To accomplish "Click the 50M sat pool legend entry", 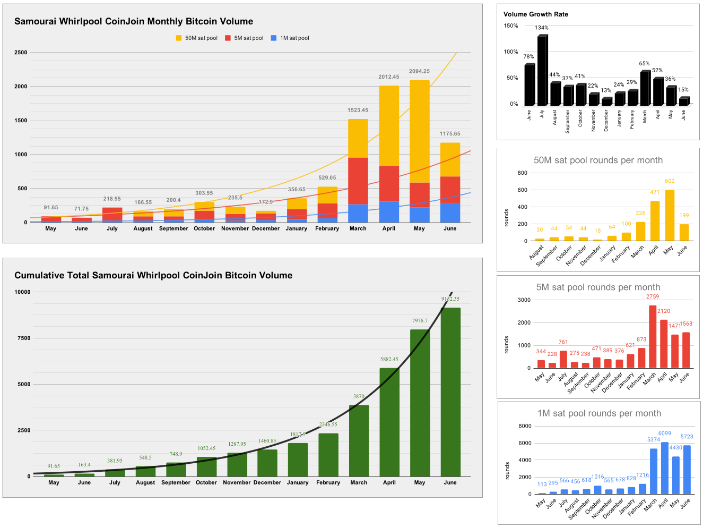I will (197, 38).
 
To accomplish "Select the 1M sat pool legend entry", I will (290, 38).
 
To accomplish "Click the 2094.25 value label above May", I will (419, 71).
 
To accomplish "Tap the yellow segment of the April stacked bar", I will (389, 126).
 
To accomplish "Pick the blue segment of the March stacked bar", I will (358, 213).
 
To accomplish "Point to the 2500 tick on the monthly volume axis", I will (21, 53).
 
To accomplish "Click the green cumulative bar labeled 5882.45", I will (389, 422).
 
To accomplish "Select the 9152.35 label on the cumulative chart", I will (450, 299).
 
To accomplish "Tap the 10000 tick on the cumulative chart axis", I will (22, 292).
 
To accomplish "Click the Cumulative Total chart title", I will (153, 275).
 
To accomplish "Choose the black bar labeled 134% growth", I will (542, 71).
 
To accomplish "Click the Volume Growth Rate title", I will (535, 14).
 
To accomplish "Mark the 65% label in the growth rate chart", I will (644, 64).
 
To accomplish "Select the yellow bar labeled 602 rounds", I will (670, 215).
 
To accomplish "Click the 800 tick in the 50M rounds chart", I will (522, 173).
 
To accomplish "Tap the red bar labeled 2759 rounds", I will (653, 336).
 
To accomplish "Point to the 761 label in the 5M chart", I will (563, 342).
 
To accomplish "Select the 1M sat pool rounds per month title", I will (599, 413).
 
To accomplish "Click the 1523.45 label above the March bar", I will (358, 110).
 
